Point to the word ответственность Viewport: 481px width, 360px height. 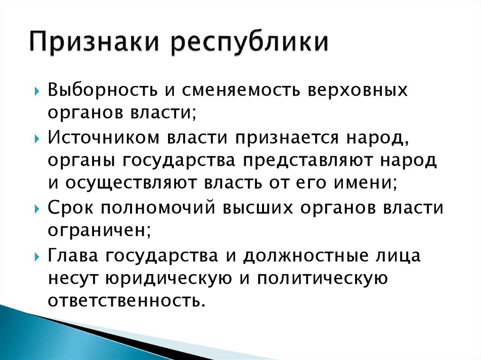click(x=127, y=300)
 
